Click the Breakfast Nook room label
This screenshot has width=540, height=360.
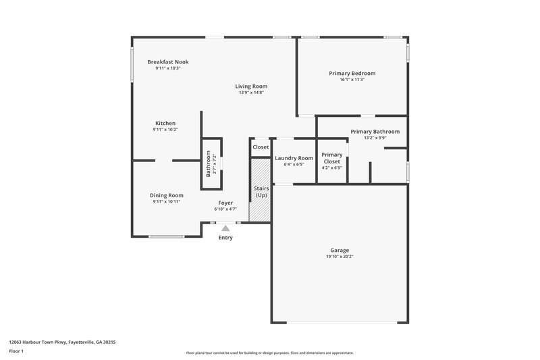(x=168, y=61)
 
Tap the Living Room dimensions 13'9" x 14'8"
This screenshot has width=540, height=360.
(x=251, y=93)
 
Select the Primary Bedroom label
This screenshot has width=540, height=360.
(x=352, y=73)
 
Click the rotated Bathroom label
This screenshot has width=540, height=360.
(x=209, y=163)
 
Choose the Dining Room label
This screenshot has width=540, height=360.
(x=166, y=195)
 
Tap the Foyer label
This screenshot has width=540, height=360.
(x=225, y=203)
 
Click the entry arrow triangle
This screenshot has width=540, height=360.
(x=225, y=228)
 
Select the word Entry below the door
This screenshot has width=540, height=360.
(x=225, y=238)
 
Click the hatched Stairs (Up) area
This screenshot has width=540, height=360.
(x=261, y=203)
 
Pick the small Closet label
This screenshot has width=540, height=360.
(x=261, y=147)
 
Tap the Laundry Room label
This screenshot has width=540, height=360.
(x=294, y=158)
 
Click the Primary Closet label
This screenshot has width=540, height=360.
(x=331, y=158)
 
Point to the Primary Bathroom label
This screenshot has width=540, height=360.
(x=375, y=132)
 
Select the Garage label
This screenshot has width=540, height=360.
(x=340, y=250)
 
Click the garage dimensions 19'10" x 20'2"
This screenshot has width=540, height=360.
(x=340, y=257)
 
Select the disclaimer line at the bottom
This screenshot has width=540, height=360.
(x=269, y=353)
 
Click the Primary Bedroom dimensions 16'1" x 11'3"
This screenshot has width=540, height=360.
(x=352, y=80)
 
